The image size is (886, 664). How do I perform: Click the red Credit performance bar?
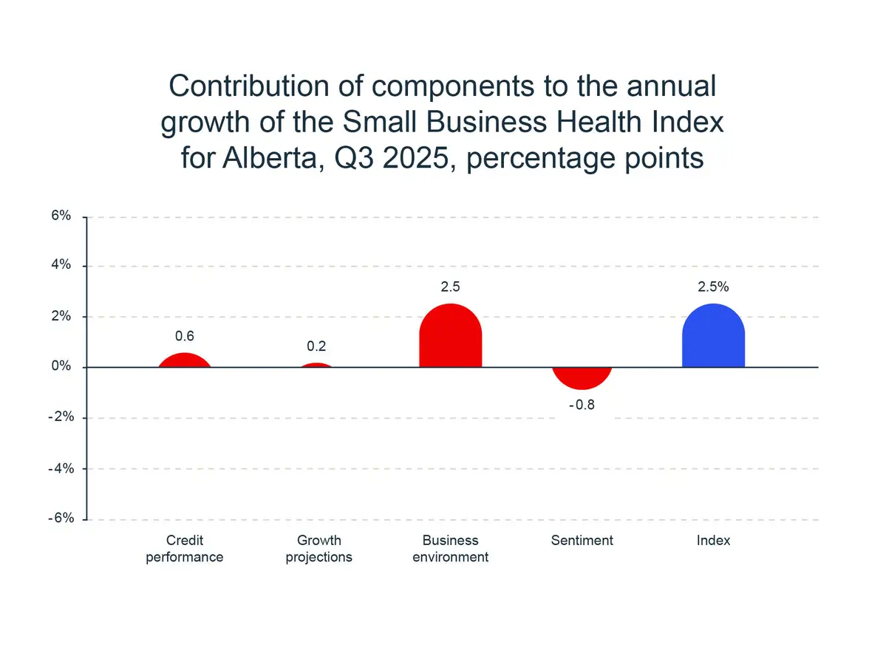185,361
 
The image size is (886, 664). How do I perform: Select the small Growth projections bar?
318,365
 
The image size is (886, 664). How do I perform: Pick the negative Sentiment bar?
582,377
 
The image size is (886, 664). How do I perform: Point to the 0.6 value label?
185,336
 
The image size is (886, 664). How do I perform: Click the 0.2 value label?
317,346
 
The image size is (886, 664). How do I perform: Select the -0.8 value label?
582,405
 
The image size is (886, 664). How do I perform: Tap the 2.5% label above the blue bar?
713,287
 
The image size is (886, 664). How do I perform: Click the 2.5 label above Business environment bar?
450,287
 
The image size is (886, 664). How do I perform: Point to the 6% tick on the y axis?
61,216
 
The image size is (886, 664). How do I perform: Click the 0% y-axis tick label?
61,367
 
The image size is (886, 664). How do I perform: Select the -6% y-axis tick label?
59,518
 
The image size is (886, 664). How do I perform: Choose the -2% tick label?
59,417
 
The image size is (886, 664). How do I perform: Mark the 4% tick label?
61,266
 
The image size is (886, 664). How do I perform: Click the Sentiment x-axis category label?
582,541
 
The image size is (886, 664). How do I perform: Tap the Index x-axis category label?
713,541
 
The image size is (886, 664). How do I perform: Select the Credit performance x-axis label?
185,549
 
